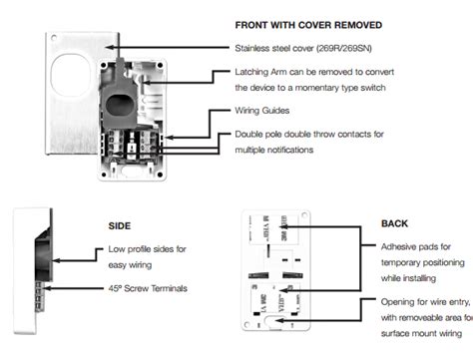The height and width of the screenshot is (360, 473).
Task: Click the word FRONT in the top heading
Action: [x=251, y=23]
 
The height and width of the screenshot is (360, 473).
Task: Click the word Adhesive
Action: [x=398, y=245]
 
